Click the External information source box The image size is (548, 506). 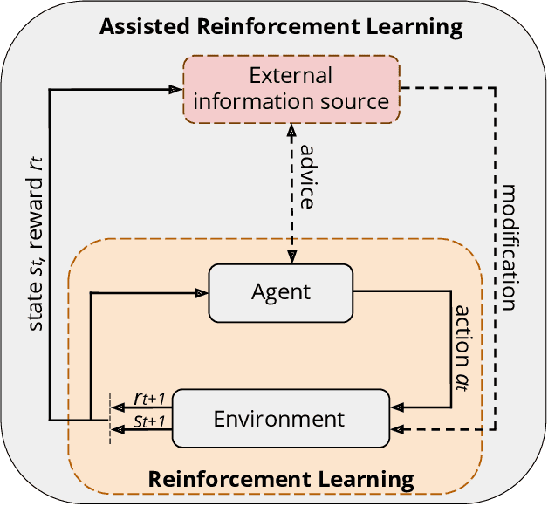pyautogui.click(x=291, y=88)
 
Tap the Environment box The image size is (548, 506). pyautogui.click(x=279, y=419)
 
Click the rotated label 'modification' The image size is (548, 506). pyautogui.click(x=510, y=246)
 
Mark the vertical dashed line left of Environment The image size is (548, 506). pyautogui.click(x=109, y=417)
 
